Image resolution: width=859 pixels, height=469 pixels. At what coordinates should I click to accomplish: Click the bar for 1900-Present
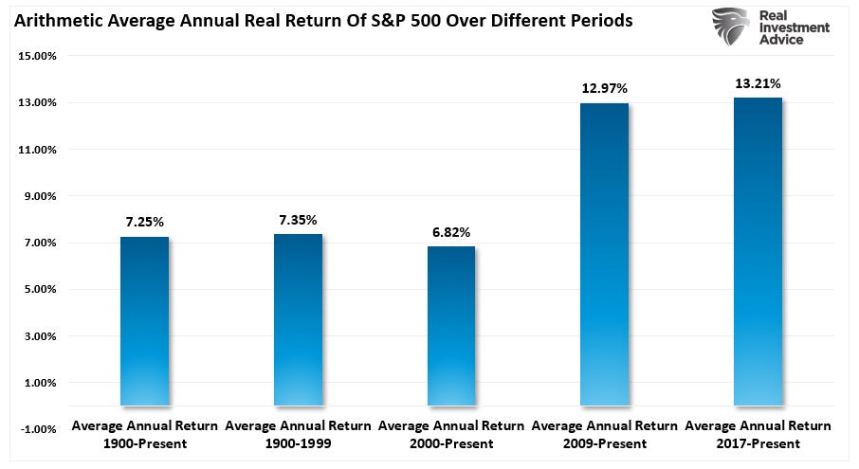(x=145, y=321)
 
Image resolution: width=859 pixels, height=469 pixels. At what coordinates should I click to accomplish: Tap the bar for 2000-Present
(x=451, y=326)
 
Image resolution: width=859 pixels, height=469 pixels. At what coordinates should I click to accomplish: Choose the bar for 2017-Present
(x=758, y=251)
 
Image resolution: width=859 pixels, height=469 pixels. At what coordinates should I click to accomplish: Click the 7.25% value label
(x=145, y=222)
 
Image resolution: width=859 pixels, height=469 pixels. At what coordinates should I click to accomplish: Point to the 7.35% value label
(x=298, y=219)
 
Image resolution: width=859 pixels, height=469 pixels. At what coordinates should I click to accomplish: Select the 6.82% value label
(x=451, y=232)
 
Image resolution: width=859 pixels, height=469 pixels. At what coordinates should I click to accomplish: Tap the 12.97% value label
(x=604, y=89)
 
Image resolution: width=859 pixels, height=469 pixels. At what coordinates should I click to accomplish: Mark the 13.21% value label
(x=758, y=83)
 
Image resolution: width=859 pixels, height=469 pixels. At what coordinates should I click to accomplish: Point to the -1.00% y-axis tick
(x=39, y=429)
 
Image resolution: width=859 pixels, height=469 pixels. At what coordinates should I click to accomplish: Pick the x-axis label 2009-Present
(x=604, y=443)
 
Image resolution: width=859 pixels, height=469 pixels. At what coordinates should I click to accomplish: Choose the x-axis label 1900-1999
(x=298, y=443)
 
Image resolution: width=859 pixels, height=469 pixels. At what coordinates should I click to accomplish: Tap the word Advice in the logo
(x=784, y=41)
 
